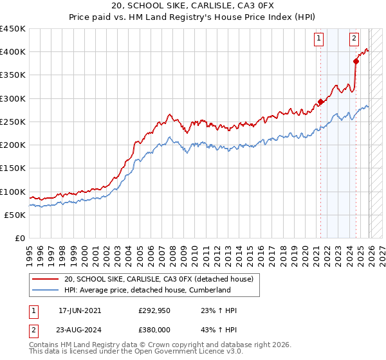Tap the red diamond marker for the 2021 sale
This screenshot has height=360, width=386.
tap(320, 102)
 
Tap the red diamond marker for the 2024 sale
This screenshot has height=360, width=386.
tap(356, 61)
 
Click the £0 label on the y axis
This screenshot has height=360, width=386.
tap(19, 239)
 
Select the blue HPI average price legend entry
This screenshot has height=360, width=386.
tap(147, 290)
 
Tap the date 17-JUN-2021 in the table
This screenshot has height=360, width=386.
tap(79, 310)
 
